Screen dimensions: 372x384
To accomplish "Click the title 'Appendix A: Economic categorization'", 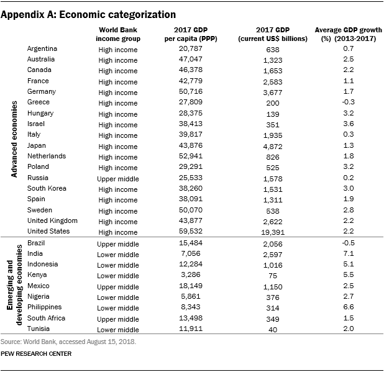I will click(x=88, y=14).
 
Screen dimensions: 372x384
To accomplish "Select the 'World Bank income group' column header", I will click(x=119, y=35).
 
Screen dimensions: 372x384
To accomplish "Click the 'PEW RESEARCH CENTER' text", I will click(x=36, y=353).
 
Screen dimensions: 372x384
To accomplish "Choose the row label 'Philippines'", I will click(x=45, y=307).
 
